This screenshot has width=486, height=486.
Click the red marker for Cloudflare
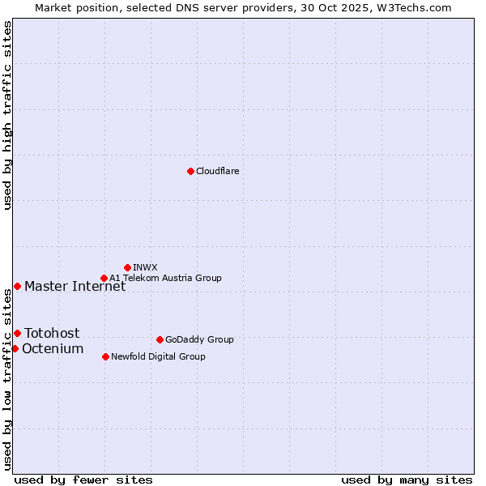click(190, 171)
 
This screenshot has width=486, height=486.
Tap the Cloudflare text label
click(217, 171)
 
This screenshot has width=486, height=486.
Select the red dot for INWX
click(127, 267)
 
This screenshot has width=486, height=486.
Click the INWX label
click(145, 267)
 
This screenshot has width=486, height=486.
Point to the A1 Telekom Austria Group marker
click(104, 278)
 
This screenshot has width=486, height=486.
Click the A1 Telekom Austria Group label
click(165, 278)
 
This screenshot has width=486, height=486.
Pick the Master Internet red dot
click(17, 286)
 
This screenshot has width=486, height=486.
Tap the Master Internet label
click(75, 286)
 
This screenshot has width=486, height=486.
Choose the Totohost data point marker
click(17, 333)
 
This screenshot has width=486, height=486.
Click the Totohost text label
click(52, 333)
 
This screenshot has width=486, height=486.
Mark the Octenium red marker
click(15, 348)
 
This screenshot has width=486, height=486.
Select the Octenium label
click(53, 348)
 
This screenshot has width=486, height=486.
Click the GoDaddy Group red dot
click(160, 339)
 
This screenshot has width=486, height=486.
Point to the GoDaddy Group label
click(199, 339)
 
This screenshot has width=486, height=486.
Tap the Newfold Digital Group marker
click(106, 356)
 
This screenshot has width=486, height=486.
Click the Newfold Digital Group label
click(158, 356)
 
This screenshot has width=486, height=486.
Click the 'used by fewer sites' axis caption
click(83, 480)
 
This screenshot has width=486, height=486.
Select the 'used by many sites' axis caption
click(407, 480)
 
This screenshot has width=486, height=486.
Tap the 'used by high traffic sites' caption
click(7, 115)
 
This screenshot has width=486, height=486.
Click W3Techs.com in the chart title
click(413, 7)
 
